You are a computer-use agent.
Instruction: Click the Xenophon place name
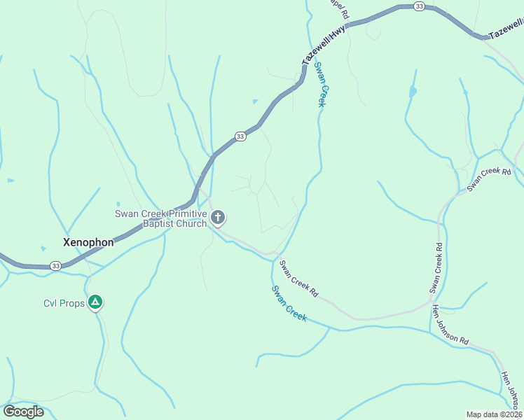pyautogui.click(x=88, y=242)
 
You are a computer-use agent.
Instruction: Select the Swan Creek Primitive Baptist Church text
pyautogui.click(x=161, y=218)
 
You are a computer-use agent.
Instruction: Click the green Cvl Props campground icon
pyautogui.click(x=96, y=303)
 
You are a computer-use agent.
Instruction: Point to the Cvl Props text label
pyautogui.click(x=64, y=303)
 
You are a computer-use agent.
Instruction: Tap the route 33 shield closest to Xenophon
pyautogui.click(x=55, y=266)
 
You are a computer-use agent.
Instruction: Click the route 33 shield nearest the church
pyautogui.click(x=240, y=136)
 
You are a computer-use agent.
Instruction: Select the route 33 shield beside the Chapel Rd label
pyautogui.click(x=419, y=6)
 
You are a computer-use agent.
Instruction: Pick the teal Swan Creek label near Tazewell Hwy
pyautogui.click(x=321, y=85)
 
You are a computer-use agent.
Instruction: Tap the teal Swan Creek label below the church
pyautogui.click(x=289, y=303)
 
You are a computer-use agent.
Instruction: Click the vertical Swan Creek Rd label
pyautogui.click(x=436, y=268)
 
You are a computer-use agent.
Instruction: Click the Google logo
pyautogui.click(x=23, y=412)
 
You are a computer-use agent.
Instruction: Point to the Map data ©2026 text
pyautogui.click(x=494, y=414)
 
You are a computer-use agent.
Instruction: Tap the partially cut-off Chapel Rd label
pyautogui.click(x=339, y=8)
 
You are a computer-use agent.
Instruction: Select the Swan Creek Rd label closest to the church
pyautogui.click(x=298, y=279)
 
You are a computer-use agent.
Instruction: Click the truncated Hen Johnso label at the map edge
pyautogui.click(x=509, y=390)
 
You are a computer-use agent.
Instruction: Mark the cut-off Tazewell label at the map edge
pyautogui.click(x=506, y=29)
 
